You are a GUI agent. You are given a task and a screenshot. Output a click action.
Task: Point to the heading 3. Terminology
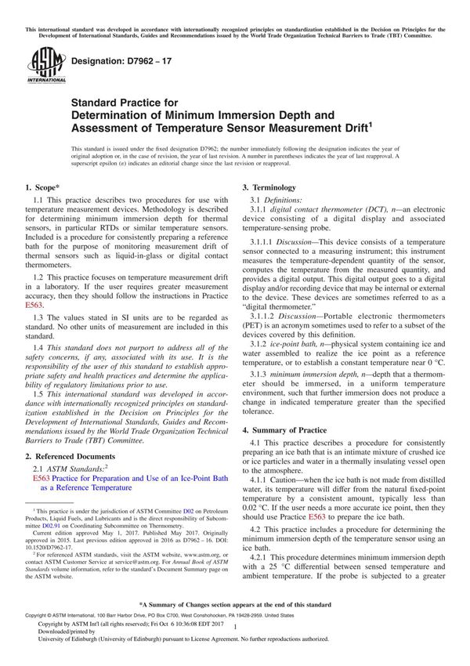[x=269, y=188]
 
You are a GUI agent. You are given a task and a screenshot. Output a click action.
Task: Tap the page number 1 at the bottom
[x=235, y=639]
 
